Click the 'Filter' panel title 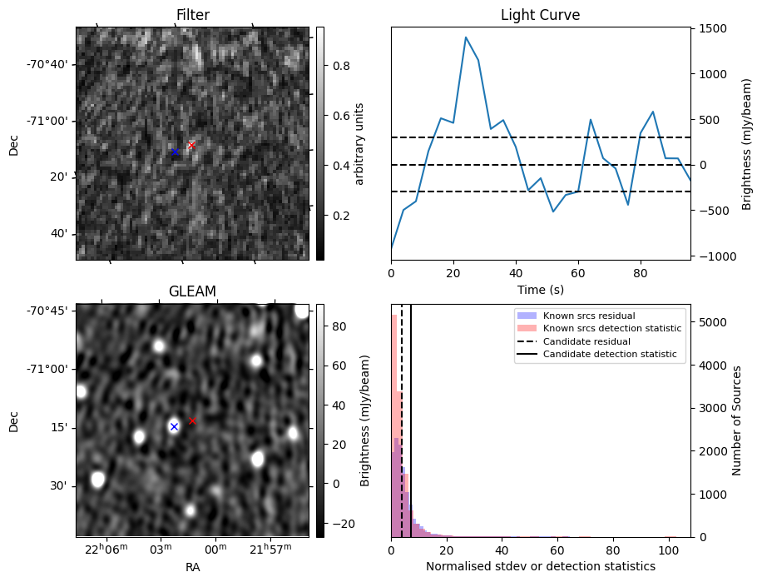192,15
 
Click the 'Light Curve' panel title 540,15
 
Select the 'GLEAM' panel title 192,291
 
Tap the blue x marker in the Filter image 175,152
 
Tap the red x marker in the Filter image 191,145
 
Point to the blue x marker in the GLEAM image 174,426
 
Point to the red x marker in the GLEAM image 192,421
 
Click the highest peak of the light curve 466,37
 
